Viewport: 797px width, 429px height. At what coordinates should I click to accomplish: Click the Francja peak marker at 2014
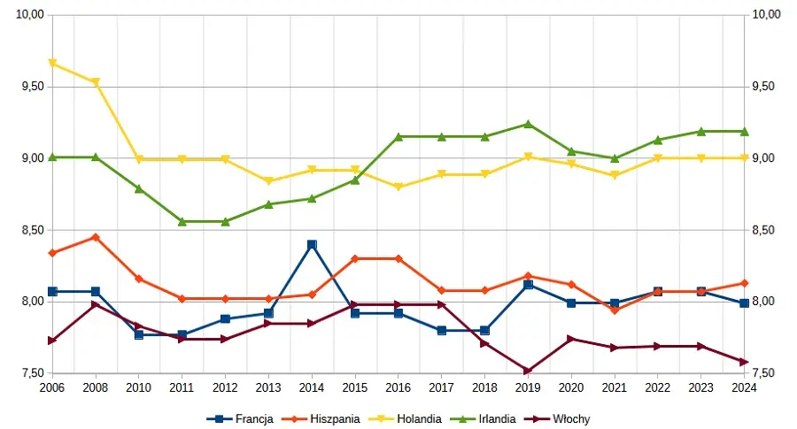pyautogui.click(x=312, y=244)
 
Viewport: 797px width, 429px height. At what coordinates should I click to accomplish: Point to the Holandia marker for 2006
pyautogui.click(x=52, y=64)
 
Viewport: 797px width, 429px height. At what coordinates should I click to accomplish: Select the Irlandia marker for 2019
pyautogui.click(x=528, y=124)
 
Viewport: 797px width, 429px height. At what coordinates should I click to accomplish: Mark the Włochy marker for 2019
pyautogui.click(x=528, y=371)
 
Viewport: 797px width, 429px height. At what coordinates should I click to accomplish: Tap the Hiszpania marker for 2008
pyautogui.click(x=96, y=237)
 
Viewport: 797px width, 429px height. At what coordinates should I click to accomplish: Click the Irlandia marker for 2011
pyautogui.click(x=182, y=221)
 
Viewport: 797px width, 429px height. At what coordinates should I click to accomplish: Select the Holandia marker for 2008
pyautogui.click(x=96, y=82)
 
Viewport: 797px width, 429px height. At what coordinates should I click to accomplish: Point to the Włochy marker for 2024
pyautogui.click(x=745, y=362)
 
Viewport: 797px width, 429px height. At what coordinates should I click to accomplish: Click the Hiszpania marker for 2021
pyautogui.click(x=615, y=310)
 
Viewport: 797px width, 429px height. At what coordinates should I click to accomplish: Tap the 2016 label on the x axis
pyautogui.click(x=398, y=387)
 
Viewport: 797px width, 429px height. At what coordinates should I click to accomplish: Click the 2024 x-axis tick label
pyautogui.click(x=745, y=387)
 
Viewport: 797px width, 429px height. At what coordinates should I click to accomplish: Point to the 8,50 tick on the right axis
pyautogui.click(x=765, y=230)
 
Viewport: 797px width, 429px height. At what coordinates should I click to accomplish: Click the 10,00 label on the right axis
pyautogui.click(x=767, y=14)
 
